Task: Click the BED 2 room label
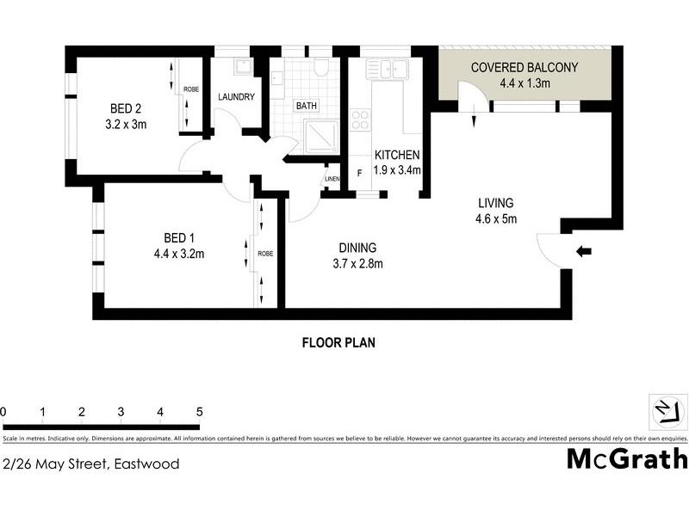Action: click(125, 108)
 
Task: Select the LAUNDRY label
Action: click(235, 97)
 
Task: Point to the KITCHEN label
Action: click(397, 156)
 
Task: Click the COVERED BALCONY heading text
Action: click(525, 68)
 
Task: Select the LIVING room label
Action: click(496, 204)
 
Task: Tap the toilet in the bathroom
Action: click(321, 66)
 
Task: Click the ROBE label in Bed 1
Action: click(265, 255)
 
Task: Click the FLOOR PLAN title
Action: click(338, 342)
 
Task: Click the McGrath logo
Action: click(626, 458)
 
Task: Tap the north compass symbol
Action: click(665, 410)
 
